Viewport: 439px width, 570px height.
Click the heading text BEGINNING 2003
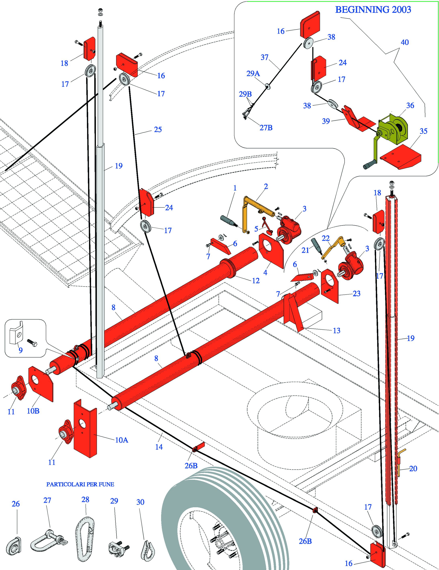(x=373, y=10)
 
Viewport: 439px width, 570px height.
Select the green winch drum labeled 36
(x=393, y=130)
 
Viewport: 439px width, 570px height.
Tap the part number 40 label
(x=404, y=42)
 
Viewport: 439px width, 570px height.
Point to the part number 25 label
(x=158, y=129)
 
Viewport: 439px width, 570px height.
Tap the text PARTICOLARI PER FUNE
(x=80, y=484)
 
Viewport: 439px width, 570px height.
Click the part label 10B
(x=33, y=411)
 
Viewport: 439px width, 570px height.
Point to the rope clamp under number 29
(x=118, y=548)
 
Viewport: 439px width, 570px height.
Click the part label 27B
(x=266, y=128)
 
